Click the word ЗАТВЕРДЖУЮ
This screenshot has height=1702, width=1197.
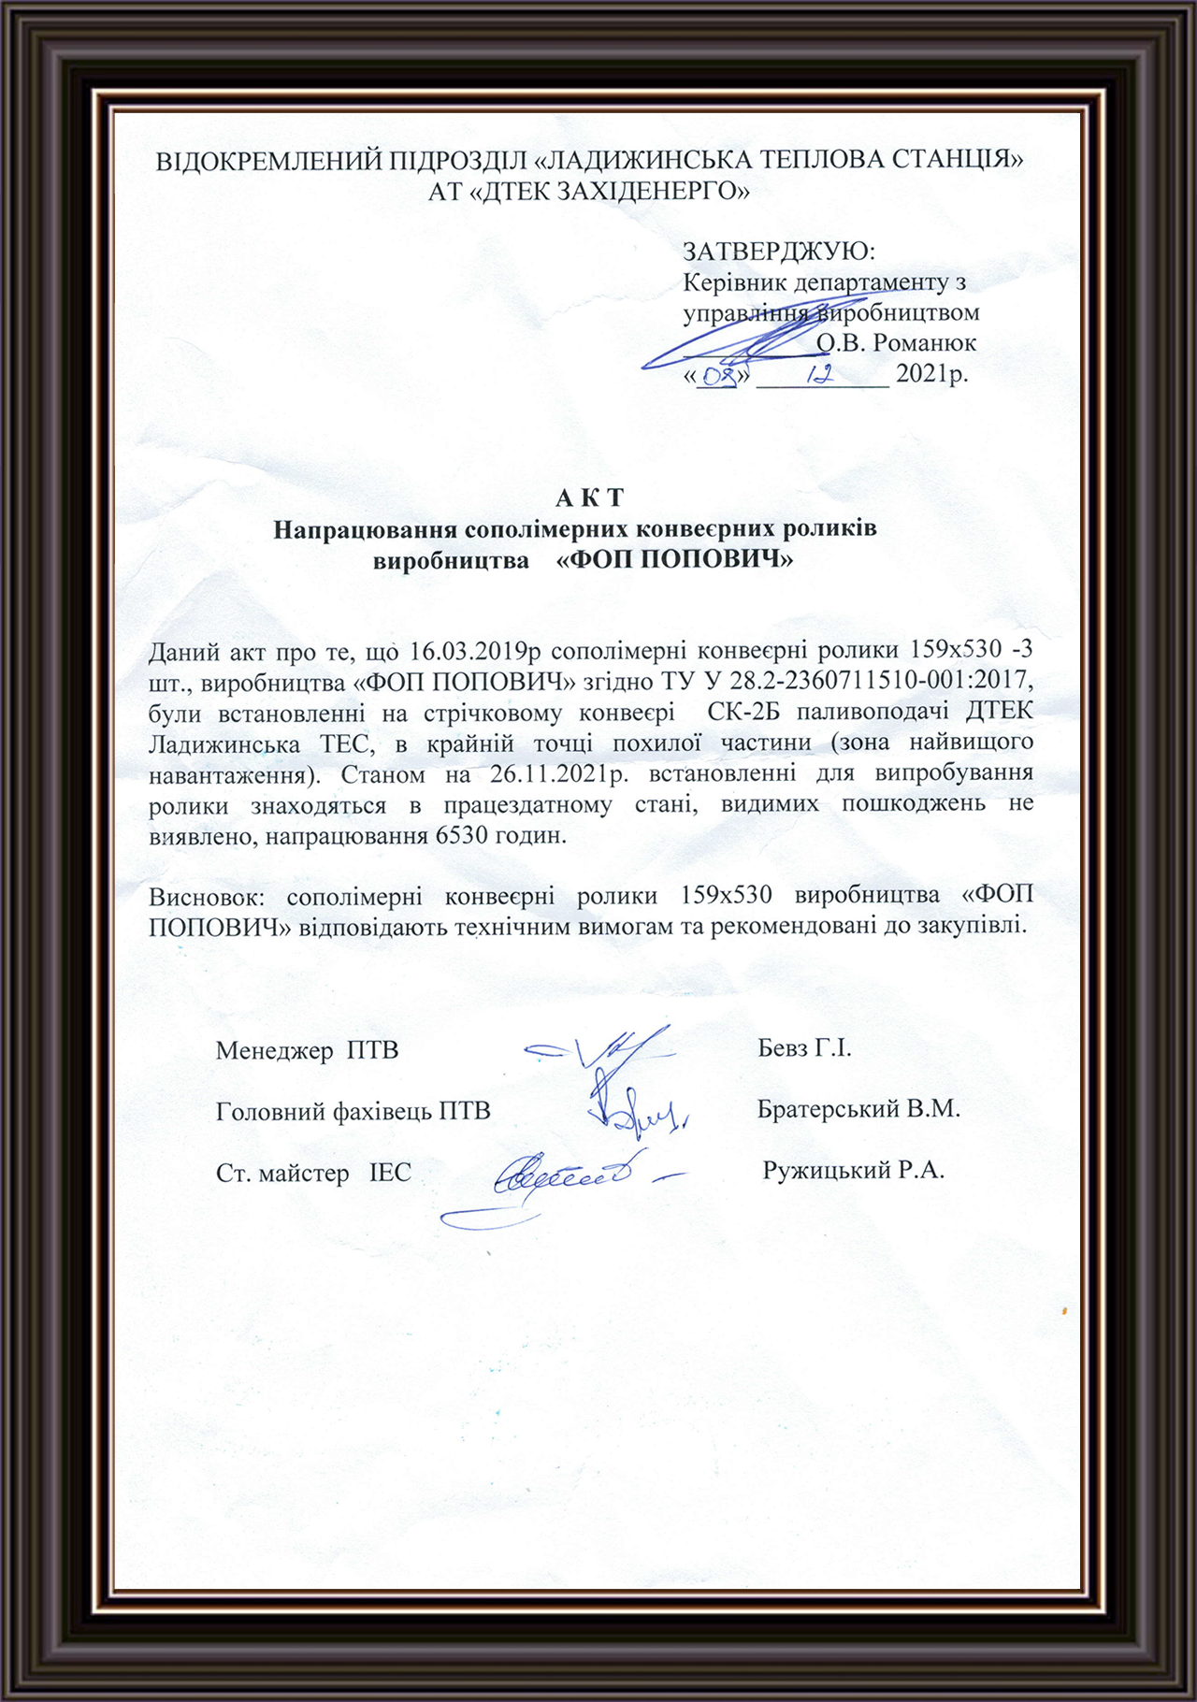[x=778, y=252]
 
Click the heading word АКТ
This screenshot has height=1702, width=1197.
[x=589, y=498]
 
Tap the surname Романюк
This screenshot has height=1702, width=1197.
[x=924, y=343]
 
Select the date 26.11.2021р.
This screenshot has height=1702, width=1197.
[x=560, y=774]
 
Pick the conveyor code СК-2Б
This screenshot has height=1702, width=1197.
[x=743, y=713]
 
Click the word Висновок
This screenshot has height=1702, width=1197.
[x=208, y=896]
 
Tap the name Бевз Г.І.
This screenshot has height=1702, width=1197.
[x=804, y=1048]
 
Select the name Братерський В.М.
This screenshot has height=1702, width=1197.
[x=858, y=1110]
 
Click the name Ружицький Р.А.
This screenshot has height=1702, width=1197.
[x=854, y=1171]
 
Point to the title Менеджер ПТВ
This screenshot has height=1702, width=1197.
[x=307, y=1050]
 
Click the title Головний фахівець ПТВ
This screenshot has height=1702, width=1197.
[x=353, y=1112]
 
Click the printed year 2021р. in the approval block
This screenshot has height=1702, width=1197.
[x=931, y=374]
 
